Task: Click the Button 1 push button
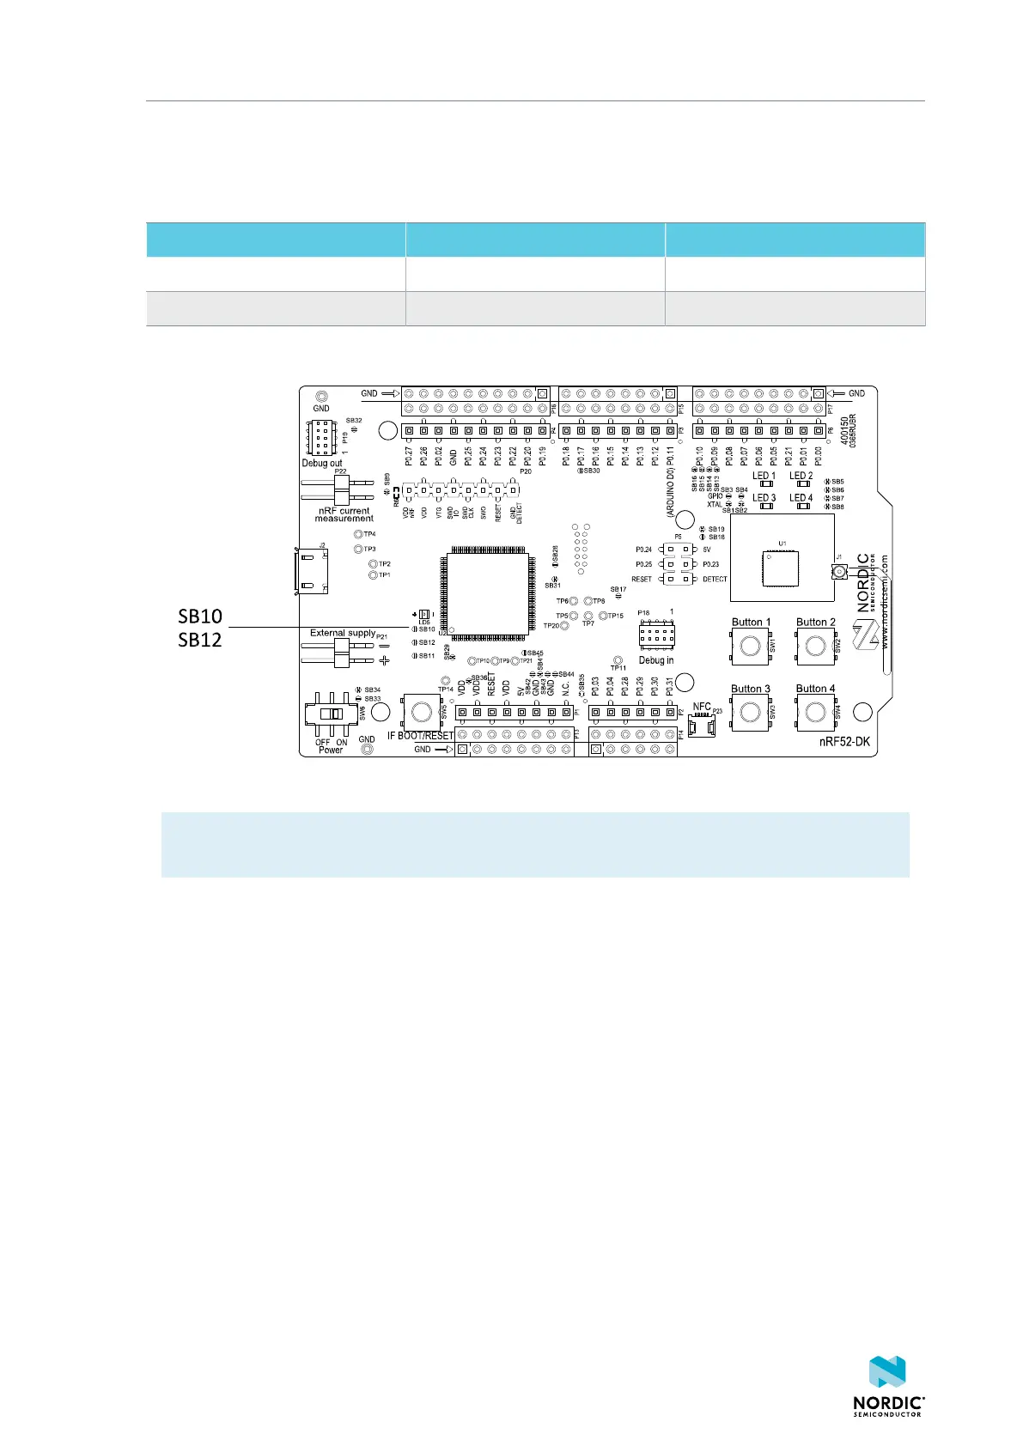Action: click(x=751, y=646)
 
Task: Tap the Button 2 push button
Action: click(x=815, y=646)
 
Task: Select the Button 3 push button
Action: click(x=751, y=712)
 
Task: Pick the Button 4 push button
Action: click(x=815, y=712)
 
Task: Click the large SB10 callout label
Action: click(x=199, y=616)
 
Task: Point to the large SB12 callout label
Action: click(x=199, y=639)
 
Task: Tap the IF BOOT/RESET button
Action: click(x=421, y=711)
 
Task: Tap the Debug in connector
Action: click(x=656, y=635)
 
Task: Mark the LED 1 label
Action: click(x=764, y=476)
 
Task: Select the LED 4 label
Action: click(x=801, y=497)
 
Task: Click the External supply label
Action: click(x=342, y=633)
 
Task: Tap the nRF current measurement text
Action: click(x=344, y=514)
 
